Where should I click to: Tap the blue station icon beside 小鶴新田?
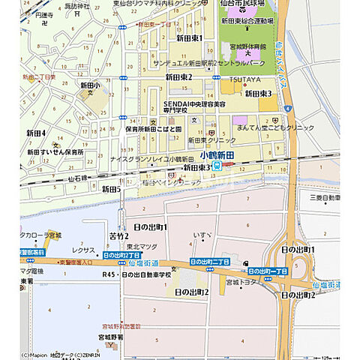tap(217, 166)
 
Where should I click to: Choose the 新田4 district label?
tap(36, 133)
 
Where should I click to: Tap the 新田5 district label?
tap(111, 189)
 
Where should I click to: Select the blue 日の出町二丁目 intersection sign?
tap(209, 262)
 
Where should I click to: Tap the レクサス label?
tap(82, 248)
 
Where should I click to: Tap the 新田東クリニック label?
tap(212, 140)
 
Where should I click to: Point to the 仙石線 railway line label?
tap(78, 178)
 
